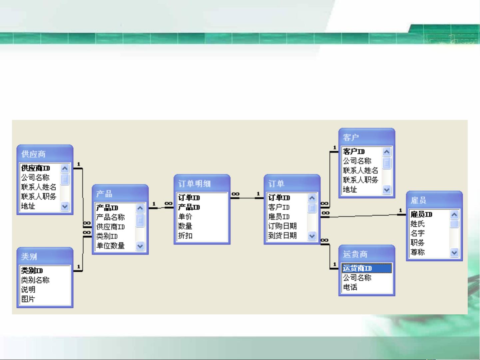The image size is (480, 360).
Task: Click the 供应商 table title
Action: pyautogui.click(x=33, y=154)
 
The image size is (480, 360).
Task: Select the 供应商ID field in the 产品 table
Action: pyautogui.click(x=111, y=227)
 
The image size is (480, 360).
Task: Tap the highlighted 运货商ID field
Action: pyautogui.click(x=357, y=268)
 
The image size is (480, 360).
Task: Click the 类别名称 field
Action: pyautogui.click(x=35, y=280)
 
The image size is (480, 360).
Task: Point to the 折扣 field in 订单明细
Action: pyautogui.click(x=185, y=236)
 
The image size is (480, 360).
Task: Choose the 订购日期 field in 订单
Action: pyautogui.click(x=282, y=226)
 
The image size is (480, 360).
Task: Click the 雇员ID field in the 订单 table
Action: pyautogui.click(x=279, y=216)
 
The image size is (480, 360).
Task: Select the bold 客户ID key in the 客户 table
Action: pyautogui.click(x=354, y=151)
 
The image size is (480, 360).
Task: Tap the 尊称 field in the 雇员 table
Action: pyautogui.click(x=417, y=252)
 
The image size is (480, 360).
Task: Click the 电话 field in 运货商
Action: pyautogui.click(x=350, y=287)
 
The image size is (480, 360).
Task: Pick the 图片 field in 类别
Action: pyautogui.click(x=28, y=299)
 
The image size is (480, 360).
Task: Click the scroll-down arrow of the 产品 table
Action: pyautogui.click(x=140, y=246)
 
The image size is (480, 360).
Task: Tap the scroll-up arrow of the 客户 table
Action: pyautogui.click(x=387, y=152)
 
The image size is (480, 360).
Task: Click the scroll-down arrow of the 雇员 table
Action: pyautogui.click(x=454, y=252)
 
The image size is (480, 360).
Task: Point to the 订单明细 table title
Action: pyautogui.click(x=195, y=183)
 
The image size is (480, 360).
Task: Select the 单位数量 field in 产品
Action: pyautogui.click(x=111, y=246)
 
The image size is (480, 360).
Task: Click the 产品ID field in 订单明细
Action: pyautogui.click(x=189, y=207)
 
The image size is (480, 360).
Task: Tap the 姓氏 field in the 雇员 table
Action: pyautogui.click(x=417, y=224)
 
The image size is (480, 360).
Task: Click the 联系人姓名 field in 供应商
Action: pyautogui.click(x=39, y=187)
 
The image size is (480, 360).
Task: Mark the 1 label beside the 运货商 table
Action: pyautogui.click(x=334, y=264)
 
